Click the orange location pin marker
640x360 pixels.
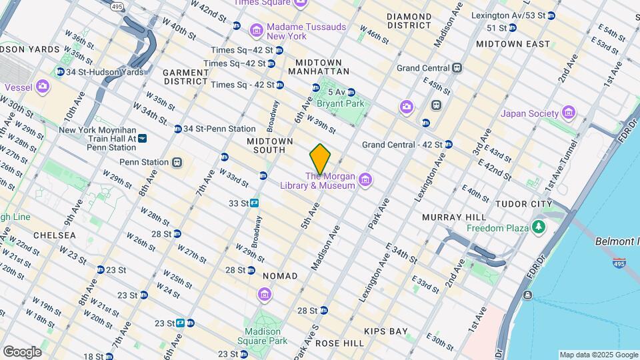[321, 159]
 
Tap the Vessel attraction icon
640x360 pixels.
[43, 87]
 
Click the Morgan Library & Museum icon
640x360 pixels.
[365, 180]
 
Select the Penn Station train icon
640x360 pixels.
[177, 162]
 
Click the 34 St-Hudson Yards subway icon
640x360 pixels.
[61, 72]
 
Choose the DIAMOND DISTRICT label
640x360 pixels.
[408, 21]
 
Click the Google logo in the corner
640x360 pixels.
[21, 352]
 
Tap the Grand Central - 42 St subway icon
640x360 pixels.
[449, 145]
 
